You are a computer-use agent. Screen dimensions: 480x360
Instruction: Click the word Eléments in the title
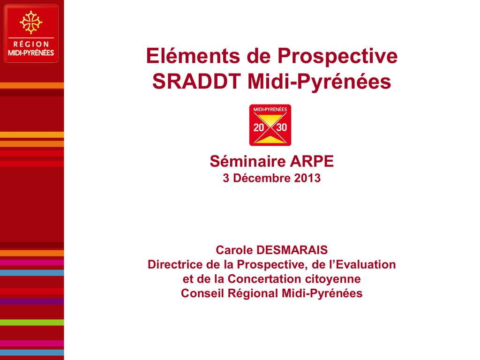click(x=193, y=56)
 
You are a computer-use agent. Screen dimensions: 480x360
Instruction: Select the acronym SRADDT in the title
click(x=196, y=82)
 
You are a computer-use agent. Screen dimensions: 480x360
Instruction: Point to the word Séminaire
click(x=247, y=161)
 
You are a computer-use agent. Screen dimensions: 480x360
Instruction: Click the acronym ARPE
click(x=312, y=161)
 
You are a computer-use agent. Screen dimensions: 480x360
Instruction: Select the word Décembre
click(x=262, y=178)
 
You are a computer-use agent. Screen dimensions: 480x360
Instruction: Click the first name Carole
click(x=234, y=250)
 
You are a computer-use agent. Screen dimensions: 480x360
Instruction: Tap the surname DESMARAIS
click(x=292, y=250)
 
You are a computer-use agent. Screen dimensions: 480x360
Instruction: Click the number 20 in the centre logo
click(x=259, y=127)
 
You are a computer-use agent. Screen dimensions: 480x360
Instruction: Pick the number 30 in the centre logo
click(x=282, y=127)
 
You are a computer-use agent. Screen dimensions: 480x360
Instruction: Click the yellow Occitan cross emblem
click(x=31, y=22)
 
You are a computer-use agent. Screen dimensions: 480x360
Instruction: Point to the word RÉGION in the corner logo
click(x=31, y=44)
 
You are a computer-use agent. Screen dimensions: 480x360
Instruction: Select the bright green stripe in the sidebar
click(x=32, y=322)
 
